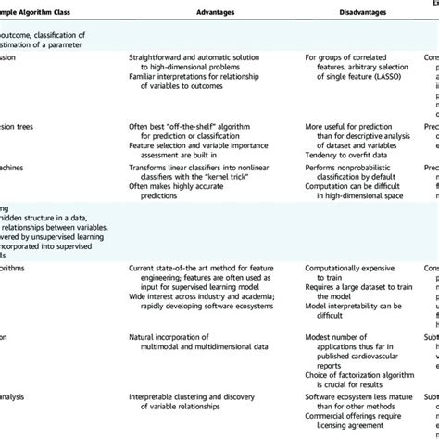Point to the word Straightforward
(161, 83)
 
